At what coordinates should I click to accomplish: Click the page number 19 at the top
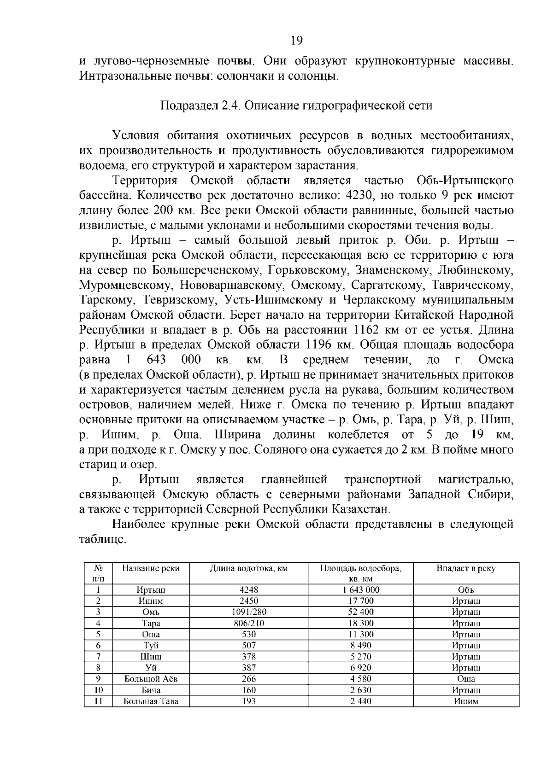(x=296, y=41)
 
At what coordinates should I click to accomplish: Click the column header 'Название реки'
(x=151, y=568)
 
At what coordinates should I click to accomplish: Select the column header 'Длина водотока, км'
(x=249, y=568)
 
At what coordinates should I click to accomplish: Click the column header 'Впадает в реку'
(x=466, y=568)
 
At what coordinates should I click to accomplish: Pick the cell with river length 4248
(x=249, y=590)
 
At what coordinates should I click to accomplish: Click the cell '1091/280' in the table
(x=249, y=612)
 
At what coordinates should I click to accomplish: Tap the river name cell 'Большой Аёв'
(x=151, y=679)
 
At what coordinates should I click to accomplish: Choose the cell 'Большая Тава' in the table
(x=151, y=701)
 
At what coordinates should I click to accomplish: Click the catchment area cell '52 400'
(x=361, y=612)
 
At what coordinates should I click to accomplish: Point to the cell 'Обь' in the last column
(x=466, y=590)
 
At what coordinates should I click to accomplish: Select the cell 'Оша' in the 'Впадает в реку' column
(x=466, y=679)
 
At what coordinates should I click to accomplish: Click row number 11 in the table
(x=98, y=701)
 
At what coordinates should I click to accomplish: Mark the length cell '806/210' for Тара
(x=249, y=623)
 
